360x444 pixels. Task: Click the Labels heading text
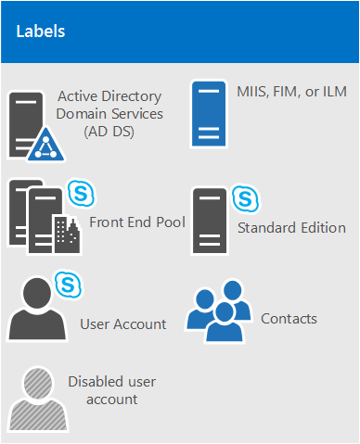(x=41, y=32)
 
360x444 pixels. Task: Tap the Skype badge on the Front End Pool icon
(x=82, y=195)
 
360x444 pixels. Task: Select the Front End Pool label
(x=137, y=222)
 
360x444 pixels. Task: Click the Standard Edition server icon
(x=210, y=221)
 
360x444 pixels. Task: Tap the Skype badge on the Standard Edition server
(x=245, y=199)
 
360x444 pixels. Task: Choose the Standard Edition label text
(x=291, y=227)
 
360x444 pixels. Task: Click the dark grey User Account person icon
(x=36, y=307)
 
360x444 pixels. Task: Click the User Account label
(x=123, y=324)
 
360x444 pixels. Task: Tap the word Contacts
(x=289, y=319)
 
